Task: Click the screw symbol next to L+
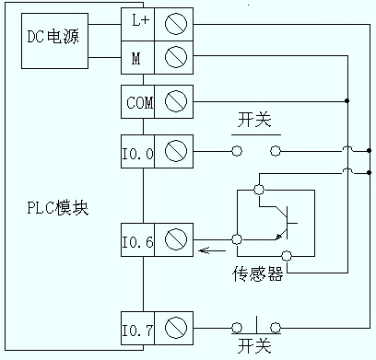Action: (175, 19)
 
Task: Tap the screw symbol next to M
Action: (175, 58)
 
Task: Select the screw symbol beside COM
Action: (175, 100)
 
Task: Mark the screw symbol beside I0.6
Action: (175, 241)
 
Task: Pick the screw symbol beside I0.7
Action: (175, 328)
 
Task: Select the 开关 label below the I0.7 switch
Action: (254, 346)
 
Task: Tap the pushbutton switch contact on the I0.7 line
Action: (255, 325)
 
